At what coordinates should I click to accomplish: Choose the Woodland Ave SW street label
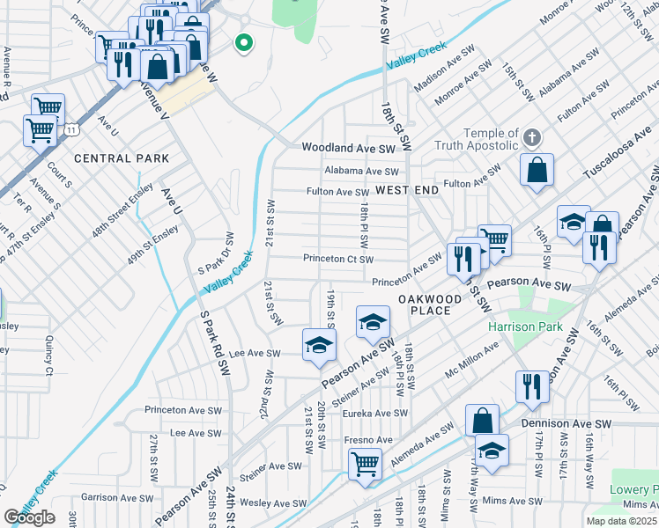350,149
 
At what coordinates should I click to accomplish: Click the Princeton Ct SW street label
338,260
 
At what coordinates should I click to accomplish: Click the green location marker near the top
243,41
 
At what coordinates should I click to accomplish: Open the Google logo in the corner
30,517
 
